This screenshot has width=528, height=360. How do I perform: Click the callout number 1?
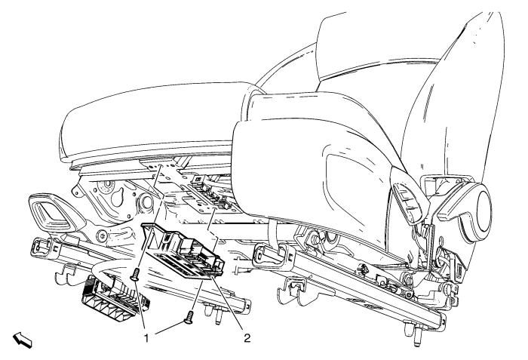coord(146,338)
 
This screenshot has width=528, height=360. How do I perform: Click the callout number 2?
coord(247,338)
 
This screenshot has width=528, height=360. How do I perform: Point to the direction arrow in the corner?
coord(23,340)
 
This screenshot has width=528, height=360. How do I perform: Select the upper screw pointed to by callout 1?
coord(135,273)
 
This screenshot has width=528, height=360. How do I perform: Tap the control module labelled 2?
coord(183,251)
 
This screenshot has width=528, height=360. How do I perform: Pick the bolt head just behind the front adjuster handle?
coord(103,233)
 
